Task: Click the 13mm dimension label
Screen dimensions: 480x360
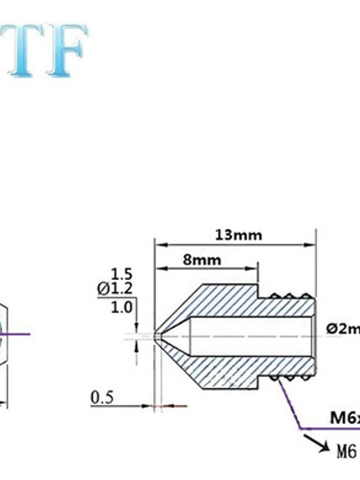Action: (238, 235)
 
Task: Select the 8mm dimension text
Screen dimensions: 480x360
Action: (202, 260)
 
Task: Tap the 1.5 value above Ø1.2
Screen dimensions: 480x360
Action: (122, 274)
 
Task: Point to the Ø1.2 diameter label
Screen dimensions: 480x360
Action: (115, 289)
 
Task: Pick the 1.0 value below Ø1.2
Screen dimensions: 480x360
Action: (122, 308)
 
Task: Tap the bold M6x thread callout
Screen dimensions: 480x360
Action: (344, 418)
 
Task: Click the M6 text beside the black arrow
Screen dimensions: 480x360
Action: (346, 452)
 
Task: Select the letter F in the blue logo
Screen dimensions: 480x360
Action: (66, 50)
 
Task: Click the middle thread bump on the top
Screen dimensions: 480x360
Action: (288, 297)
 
